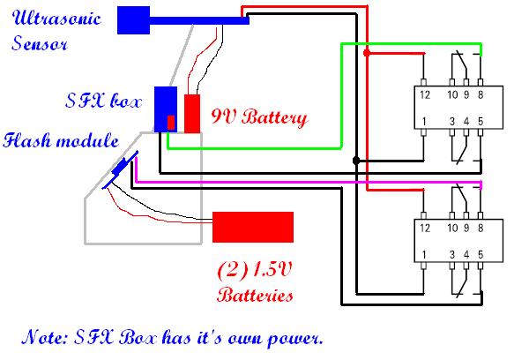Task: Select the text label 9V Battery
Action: click(x=259, y=116)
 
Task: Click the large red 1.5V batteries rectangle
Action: click(x=253, y=227)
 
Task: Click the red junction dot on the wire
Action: click(x=367, y=53)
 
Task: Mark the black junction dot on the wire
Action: click(x=356, y=161)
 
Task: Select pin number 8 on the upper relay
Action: click(x=480, y=94)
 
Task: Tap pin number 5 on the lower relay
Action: click(x=480, y=255)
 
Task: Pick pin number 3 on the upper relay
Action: click(x=454, y=120)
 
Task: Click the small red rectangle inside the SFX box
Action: click(x=171, y=121)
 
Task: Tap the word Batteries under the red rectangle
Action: click(x=254, y=295)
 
